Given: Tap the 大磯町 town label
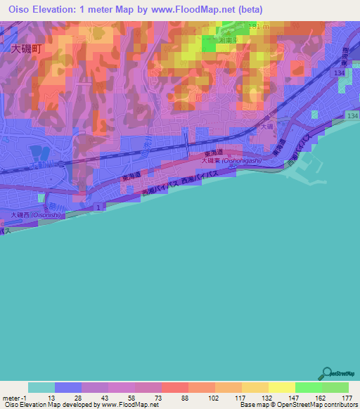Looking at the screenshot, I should (26, 50).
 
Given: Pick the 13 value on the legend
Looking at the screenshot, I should (54, 398).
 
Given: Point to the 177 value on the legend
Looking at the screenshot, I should (346, 398).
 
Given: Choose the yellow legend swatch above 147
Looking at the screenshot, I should (281, 387).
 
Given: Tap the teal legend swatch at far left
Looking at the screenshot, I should (41, 387).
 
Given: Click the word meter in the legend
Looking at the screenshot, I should (11, 398).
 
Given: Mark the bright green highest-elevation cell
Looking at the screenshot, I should (210, 44).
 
